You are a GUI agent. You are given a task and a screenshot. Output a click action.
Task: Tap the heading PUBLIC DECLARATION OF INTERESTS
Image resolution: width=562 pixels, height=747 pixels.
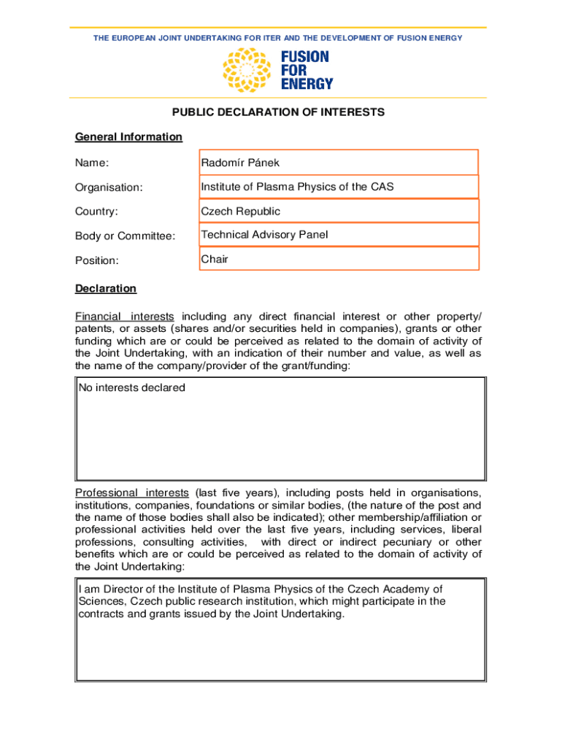278,112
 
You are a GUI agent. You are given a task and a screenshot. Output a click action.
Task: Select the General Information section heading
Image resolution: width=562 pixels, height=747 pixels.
128,137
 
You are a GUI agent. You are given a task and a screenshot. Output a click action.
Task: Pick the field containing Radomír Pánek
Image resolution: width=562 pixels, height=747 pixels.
339,163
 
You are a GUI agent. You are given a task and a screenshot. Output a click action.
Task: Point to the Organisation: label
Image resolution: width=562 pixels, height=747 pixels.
109,187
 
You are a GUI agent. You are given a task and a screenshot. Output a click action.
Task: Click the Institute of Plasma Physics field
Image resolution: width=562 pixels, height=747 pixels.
339,187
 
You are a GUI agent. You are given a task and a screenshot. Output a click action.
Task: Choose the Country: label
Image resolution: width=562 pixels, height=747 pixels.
96,212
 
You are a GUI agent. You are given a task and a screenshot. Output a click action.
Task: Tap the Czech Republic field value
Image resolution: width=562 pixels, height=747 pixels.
339,211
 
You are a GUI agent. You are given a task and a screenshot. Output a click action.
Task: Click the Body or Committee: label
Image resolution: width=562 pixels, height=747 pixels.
125,236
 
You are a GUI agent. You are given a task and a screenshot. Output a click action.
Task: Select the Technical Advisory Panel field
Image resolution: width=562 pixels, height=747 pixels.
339,235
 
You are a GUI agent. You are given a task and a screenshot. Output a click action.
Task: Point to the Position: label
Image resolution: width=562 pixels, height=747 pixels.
97,260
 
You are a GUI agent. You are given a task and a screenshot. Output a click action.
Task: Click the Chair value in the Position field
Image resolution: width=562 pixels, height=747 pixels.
215,259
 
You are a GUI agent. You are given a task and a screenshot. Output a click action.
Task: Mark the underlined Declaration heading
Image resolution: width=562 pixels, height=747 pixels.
106,289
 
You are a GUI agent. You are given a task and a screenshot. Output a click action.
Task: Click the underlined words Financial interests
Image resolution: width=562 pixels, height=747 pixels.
125,317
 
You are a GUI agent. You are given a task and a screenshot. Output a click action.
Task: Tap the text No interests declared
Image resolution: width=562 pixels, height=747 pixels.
132,388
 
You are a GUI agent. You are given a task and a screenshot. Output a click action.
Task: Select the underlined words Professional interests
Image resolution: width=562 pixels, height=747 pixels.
132,493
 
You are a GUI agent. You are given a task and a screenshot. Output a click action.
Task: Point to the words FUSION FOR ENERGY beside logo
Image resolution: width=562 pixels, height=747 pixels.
306,70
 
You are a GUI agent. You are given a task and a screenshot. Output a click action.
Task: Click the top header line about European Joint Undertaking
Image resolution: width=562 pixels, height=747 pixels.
277,38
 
